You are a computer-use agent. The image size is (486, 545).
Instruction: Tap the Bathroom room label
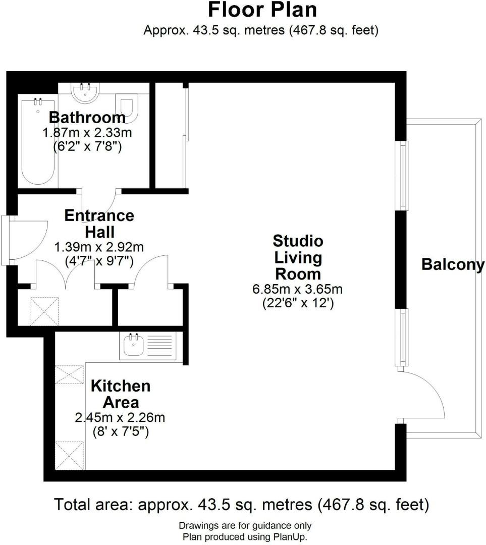pyautogui.click(x=87, y=118)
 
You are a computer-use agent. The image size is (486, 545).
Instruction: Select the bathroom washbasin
pyautogui.click(x=86, y=92)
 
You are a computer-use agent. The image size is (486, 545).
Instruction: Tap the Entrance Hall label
pyautogui.click(x=99, y=224)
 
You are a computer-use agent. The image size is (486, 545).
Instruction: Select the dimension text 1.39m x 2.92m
pyautogui.click(x=99, y=247)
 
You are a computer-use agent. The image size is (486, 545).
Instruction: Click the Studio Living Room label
pyautogui.click(x=297, y=257)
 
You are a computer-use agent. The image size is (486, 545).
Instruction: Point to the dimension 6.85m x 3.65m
pyautogui.click(x=297, y=290)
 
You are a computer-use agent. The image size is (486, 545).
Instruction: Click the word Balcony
pyautogui.click(x=453, y=264)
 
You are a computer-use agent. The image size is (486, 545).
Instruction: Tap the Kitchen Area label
pyautogui.click(x=120, y=394)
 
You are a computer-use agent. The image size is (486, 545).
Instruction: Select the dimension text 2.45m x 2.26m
pyautogui.click(x=120, y=418)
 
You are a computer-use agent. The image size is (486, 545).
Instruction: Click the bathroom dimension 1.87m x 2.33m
pyautogui.click(x=87, y=133)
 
